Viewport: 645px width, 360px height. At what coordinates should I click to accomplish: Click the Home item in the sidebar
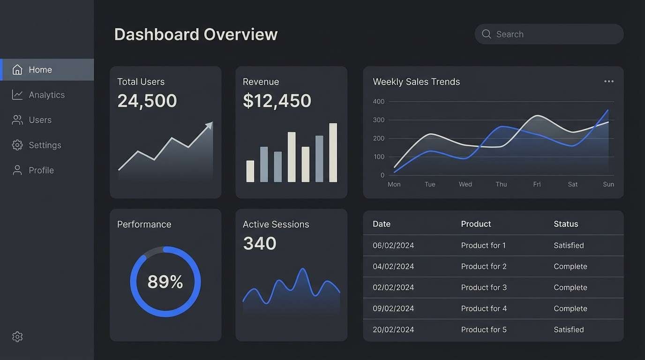[x=40, y=70]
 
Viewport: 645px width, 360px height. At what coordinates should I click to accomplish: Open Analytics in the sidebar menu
[x=46, y=95]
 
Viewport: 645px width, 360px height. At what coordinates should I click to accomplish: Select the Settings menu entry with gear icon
[x=45, y=145]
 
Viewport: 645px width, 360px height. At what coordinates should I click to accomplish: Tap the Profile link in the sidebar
[x=41, y=170]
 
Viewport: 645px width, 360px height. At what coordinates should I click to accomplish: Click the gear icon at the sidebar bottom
[x=17, y=337]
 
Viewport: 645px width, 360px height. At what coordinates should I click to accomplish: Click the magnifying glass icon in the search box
[x=487, y=34]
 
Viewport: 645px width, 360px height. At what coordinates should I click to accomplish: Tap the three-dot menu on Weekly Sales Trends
[x=608, y=82]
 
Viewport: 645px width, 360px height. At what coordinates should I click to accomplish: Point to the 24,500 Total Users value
[x=147, y=101]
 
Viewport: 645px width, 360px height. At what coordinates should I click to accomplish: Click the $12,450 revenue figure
[x=277, y=101]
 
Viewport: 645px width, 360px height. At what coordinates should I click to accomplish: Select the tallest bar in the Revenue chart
[x=333, y=152]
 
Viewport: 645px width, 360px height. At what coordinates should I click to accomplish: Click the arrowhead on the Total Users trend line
[x=209, y=126]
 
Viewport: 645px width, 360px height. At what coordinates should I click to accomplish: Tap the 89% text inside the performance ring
[x=165, y=282]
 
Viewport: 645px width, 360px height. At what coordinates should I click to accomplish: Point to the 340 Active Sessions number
[x=260, y=243]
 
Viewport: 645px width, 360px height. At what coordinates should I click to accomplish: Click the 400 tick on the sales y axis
[x=378, y=101]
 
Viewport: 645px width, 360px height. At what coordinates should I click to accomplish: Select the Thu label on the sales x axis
[x=501, y=184]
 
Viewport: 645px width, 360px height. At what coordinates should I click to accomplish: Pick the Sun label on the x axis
[x=608, y=184]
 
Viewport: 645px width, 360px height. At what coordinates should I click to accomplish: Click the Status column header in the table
[x=566, y=224]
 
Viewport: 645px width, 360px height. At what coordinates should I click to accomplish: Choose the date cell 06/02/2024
[x=393, y=246]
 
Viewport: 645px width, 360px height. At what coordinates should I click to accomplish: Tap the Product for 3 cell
[x=483, y=287]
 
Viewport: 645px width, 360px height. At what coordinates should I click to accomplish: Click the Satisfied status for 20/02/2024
[x=569, y=330]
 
